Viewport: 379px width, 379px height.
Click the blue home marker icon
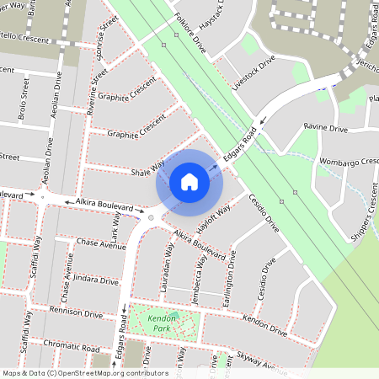(189, 182)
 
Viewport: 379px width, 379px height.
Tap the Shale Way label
(147, 169)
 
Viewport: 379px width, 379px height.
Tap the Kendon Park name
(157, 323)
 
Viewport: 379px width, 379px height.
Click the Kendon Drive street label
(265, 321)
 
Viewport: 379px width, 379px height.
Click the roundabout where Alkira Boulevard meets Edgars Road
(151, 216)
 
